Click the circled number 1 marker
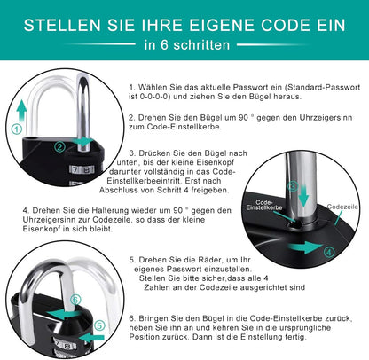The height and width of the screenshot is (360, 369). pyautogui.click(x=17, y=129)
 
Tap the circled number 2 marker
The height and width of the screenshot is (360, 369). pyautogui.click(x=59, y=147)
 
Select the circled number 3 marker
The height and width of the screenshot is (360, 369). pyautogui.click(x=293, y=186)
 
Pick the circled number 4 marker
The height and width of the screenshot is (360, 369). pyautogui.click(x=329, y=252)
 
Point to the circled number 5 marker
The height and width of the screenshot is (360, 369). pyautogui.click(x=99, y=325)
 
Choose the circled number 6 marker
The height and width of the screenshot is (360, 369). pyautogui.click(x=75, y=300)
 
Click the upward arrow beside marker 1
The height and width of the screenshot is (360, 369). pyautogui.click(x=21, y=111)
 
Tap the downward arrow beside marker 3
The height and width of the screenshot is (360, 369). pyautogui.click(x=303, y=195)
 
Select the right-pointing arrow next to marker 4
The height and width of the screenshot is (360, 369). pyautogui.click(x=304, y=247)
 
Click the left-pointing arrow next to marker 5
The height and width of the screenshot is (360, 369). pyautogui.click(x=92, y=337)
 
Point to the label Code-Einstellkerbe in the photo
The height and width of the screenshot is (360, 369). pyautogui.click(x=264, y=205)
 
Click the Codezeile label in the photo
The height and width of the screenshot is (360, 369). pyautogui.click(x=342, y=207)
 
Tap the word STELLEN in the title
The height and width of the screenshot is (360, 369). pyautogui.click(x=62, y=25)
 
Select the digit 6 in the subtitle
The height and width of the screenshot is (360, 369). pyautogui.click(x=164, y=45)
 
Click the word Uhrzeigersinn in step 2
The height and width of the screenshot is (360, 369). pyautogui.click(x=326, y=118)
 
